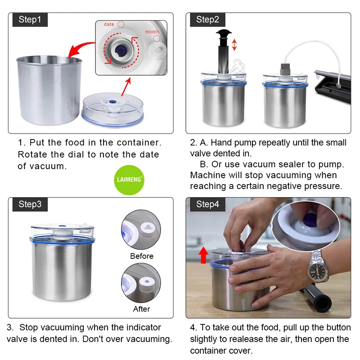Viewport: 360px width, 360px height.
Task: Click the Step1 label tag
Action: tap(30, 20)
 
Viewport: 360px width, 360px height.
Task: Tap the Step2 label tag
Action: tap(207, 20)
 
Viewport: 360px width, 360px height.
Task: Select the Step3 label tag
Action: tap(30, 204)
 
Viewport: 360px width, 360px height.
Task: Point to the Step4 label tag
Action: tap(207, 204)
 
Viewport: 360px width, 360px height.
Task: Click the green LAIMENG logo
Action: tap(129, 180)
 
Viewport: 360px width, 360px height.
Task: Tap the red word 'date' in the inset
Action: tap(109, 24)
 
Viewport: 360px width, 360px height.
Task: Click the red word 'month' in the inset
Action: tap(152, 31)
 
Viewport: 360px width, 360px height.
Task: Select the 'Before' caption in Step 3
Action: tap(142, 256)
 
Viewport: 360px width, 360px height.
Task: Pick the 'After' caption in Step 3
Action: tap(141, 309)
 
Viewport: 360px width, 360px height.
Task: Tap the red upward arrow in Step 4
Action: tap(203, 255)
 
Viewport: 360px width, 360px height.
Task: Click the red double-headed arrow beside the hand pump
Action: tap(234, 45)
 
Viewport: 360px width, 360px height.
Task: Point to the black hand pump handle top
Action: tap(224, 35)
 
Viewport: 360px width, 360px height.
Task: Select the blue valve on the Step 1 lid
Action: tap(112, 102)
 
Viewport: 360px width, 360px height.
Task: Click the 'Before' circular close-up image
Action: tap(141, 229)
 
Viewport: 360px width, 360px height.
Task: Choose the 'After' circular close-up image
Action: tap(141, 283)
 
